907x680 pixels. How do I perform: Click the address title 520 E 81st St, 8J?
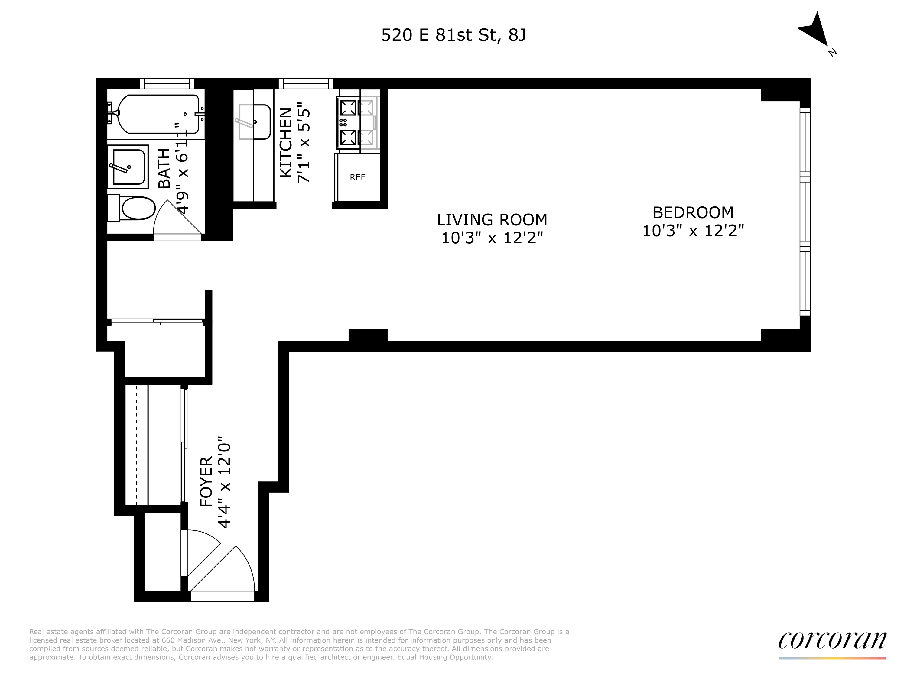(453, 35)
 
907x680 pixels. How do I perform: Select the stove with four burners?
(349, 122)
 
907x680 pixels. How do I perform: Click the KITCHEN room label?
(286, 142)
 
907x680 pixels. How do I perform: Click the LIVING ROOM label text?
(492, 220)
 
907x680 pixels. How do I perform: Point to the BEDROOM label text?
(693, 212)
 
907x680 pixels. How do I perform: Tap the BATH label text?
(164, 168)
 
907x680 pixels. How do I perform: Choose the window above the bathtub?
(167, 84)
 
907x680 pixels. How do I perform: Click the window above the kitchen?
(306, 84)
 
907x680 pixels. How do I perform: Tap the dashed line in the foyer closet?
(137, 445)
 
